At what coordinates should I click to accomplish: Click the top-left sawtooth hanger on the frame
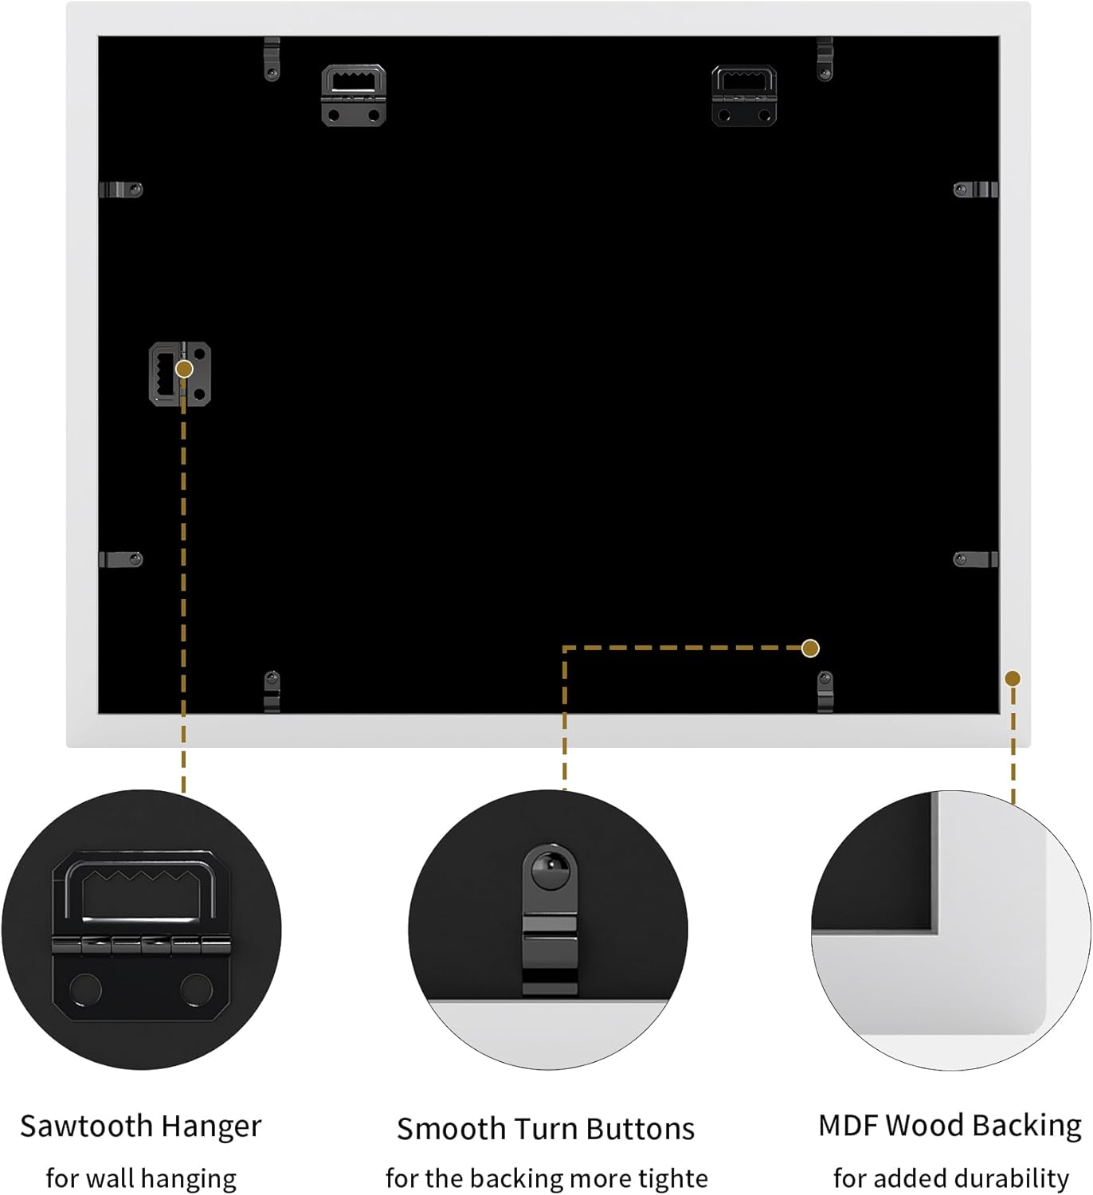354,96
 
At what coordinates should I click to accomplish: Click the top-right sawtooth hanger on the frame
744,96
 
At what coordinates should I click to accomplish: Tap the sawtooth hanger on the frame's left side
179,374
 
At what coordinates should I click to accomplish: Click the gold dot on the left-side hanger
185,370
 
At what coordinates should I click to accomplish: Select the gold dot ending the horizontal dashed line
810,648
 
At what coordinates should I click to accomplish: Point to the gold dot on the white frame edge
1013,679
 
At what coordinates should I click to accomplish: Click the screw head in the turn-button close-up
550,869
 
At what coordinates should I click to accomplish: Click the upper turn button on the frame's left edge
121,190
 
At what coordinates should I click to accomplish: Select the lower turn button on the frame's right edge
976,559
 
